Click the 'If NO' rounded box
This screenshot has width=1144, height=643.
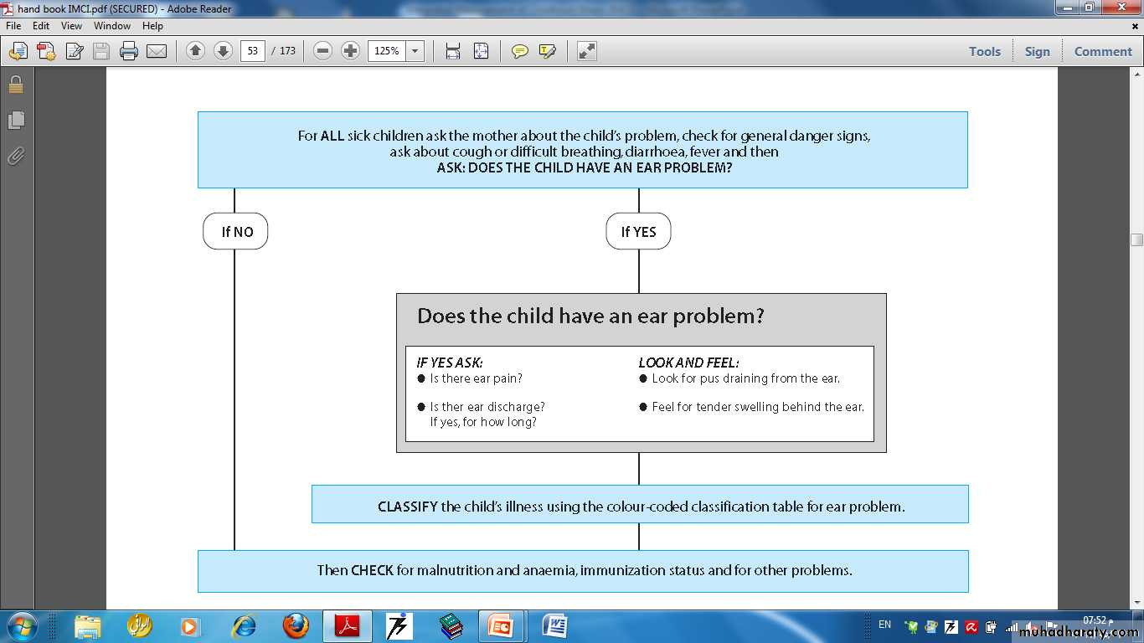(x=235, y=231)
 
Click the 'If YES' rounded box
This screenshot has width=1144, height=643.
(x=638, y=231)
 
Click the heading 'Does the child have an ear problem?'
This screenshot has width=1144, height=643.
(x=590, y=316)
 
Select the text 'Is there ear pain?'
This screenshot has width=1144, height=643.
(x=476, y=378)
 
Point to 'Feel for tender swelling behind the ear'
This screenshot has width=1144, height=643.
(x=758, y=407)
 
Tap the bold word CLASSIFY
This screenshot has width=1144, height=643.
(x=408, y=507)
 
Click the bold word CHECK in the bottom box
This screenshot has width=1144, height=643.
(x=373, y=570)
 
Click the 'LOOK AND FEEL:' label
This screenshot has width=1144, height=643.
(x=688, y=363)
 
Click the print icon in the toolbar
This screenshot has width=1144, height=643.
(x=129, y=51)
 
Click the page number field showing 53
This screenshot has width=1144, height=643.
(x=253, y=51)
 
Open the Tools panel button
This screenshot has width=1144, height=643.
(x=985, y=52)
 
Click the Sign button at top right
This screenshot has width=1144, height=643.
(x=1038, y=52)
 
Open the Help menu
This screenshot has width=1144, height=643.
(x=152, y=26)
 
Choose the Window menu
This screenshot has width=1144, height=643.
(x=112, y=26)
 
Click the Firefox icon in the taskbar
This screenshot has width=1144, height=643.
(x=295, y=626)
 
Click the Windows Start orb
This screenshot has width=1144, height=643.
(x=22, y=626)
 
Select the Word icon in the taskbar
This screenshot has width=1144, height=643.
(x=554, y=626)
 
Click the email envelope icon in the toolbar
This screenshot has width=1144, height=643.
(x=157, y=51)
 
